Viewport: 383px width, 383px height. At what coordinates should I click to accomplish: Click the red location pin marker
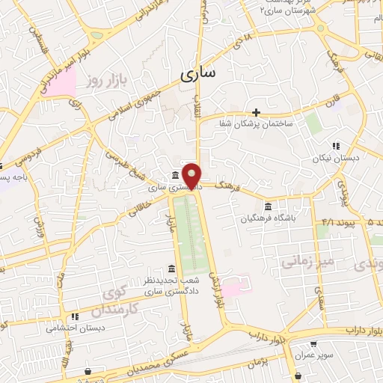click(x=193, y=175)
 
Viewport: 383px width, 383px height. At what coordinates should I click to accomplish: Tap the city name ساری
click(x=197, y=73)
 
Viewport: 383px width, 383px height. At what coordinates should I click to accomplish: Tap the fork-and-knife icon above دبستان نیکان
click(x=337, y=146)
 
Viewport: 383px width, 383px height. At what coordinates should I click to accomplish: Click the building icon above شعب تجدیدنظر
click(x=172, y=269)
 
